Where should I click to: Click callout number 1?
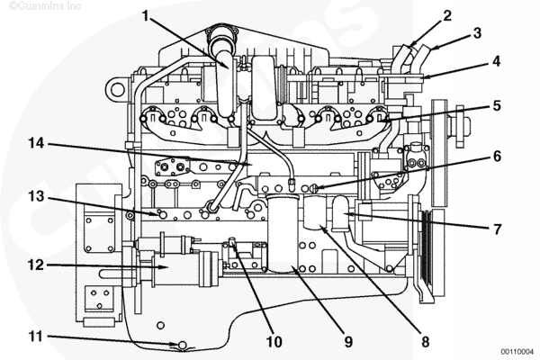click(x=146, y=15)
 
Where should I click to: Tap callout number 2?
click(x=447, y=15)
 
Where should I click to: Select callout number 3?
click(x=477, y=33)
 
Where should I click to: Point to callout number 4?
click(x=496, y=61)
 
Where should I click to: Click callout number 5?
click(x=496, y=105)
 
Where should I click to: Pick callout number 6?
click(x=497, y=156)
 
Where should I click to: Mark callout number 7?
click(x=497, y=229)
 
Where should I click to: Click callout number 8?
click(x=426, y=342)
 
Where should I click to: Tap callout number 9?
click(x=348, y=342)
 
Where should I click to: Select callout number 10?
click(x=274, y=342)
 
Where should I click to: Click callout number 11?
click(x=36, y=337)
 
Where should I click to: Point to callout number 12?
click(x=36, y=265)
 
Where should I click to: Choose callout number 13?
click(x=36, y=196)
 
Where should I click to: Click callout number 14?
click(x=36, y=142)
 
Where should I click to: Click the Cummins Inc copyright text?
click(x=45, y=6)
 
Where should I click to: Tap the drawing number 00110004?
click(x=517, y=351)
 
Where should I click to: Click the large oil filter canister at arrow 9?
click(x=283, y=234)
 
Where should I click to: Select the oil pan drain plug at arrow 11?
click(x=183, y=345)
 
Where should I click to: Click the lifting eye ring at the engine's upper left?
click(x=117, y=90)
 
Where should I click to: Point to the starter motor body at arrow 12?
click(x=175, y=268)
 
